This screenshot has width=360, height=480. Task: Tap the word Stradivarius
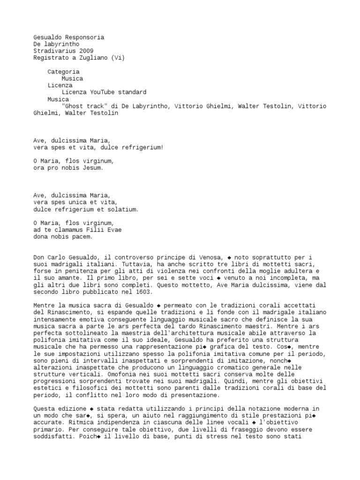click(x=54, y=51)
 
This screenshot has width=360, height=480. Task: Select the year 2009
click(x=86, y=51)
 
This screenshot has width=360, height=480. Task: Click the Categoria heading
click(x=63, y=72)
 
